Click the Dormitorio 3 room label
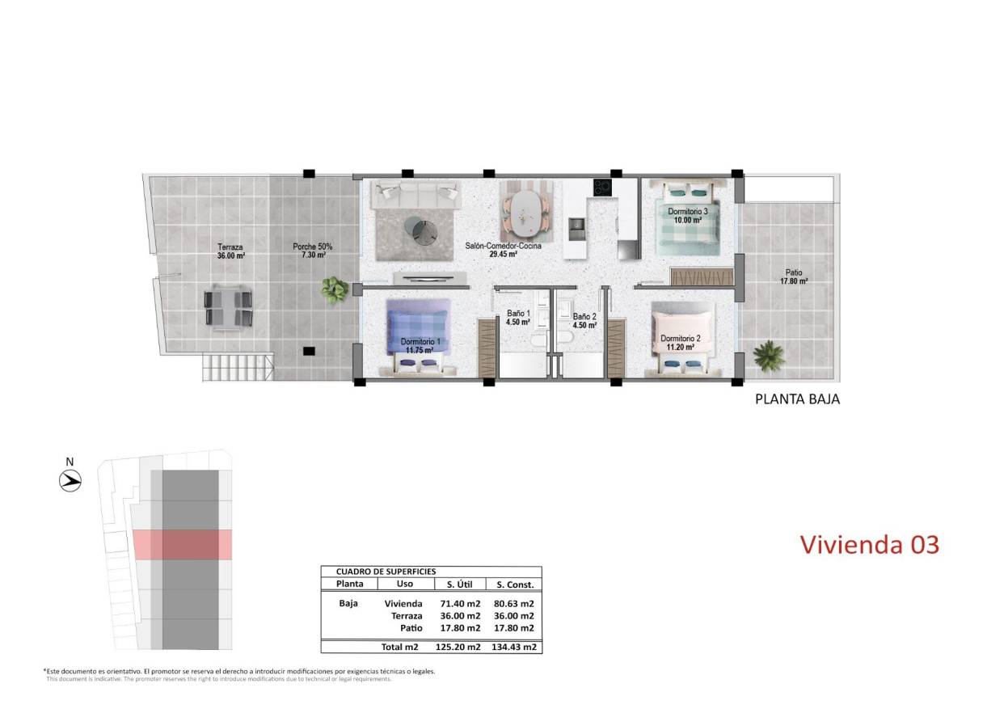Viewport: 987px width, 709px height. pyautogui.click(x=687, y=212)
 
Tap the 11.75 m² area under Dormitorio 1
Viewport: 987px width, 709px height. pyautogui.click(x=420, y=351)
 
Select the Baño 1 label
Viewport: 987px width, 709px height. pyautogui.click(x=517, y=314)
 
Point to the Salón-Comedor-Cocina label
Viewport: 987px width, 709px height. pyautogui.click(x=503, y=246)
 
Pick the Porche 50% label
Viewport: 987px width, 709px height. pyautogui.click(x=312, y=247)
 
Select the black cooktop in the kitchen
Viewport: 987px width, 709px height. pyautogui.click(x=602, y=188)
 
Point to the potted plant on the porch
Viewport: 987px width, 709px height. pyautogui.click(x=333, y=288)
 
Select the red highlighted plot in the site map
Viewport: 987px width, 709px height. pyautogui.click(x=182, y=544)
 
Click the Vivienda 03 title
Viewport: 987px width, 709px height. pyautogui.click(x=869, y=544)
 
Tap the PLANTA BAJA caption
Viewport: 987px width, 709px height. pyautogui.click(x=797, y=399)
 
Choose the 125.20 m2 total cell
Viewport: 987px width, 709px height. pyautogui.click(x=458, y=647)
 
